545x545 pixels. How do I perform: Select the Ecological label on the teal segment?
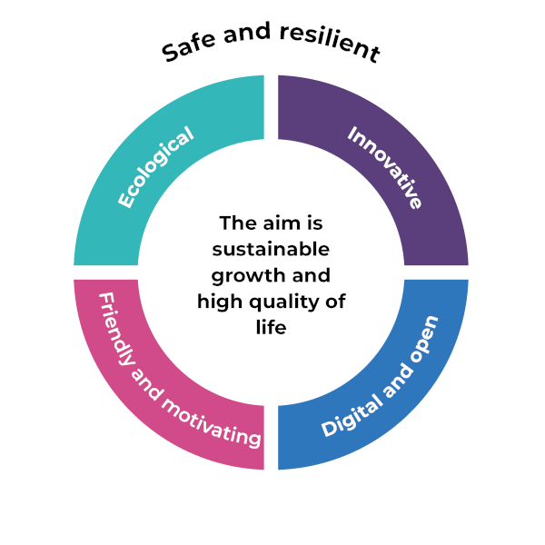(155, 169)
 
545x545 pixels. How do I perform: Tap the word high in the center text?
(218, 301)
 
